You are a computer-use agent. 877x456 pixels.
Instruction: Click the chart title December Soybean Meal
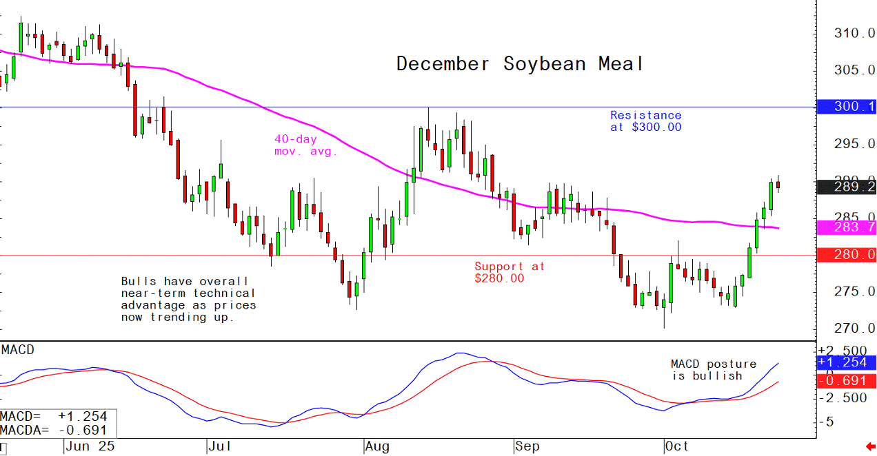[520, 64]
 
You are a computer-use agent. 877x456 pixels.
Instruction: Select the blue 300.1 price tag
[845, 107]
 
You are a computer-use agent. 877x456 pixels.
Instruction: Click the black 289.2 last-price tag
[845, 187]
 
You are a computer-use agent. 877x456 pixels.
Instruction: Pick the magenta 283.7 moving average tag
[845, 227]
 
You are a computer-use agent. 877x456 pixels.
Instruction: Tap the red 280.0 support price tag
[845, 256]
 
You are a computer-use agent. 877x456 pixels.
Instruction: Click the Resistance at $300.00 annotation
[645, 121]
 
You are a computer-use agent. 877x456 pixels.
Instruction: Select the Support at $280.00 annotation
[509, 272]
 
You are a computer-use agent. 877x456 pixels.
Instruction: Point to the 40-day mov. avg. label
[305, 145]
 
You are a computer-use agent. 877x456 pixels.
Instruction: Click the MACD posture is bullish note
[713, 370]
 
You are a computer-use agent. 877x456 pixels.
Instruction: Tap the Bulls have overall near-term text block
[188, 299]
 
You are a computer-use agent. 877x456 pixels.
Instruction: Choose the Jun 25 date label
[90, 447]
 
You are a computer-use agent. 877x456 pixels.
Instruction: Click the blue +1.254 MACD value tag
[845, 362]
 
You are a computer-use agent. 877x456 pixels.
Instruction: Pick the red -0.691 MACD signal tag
[845, 381]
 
